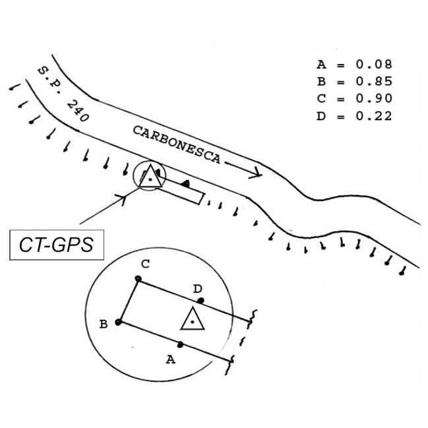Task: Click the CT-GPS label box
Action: click(57, 245)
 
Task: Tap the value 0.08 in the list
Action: click(374, 65)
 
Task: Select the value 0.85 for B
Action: click(374, 81)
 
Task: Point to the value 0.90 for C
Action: click(374, 98)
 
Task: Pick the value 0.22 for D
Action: click(374, 116)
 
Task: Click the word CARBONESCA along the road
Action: click(177, 144)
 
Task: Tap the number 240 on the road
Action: click(78, 111)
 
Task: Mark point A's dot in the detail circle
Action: click(180, 344)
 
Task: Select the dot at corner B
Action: click(118, 322)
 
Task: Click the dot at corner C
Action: click(138, 279)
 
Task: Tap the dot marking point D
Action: click(200, 301)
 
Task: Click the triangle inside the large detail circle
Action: click(193, 319)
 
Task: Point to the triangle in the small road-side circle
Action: click(150, 176)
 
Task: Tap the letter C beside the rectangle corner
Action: click(146, 264)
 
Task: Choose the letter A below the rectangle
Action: click(171, 359)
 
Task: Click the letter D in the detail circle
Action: click(197, 288)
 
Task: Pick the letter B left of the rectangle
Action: click(104, 324)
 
